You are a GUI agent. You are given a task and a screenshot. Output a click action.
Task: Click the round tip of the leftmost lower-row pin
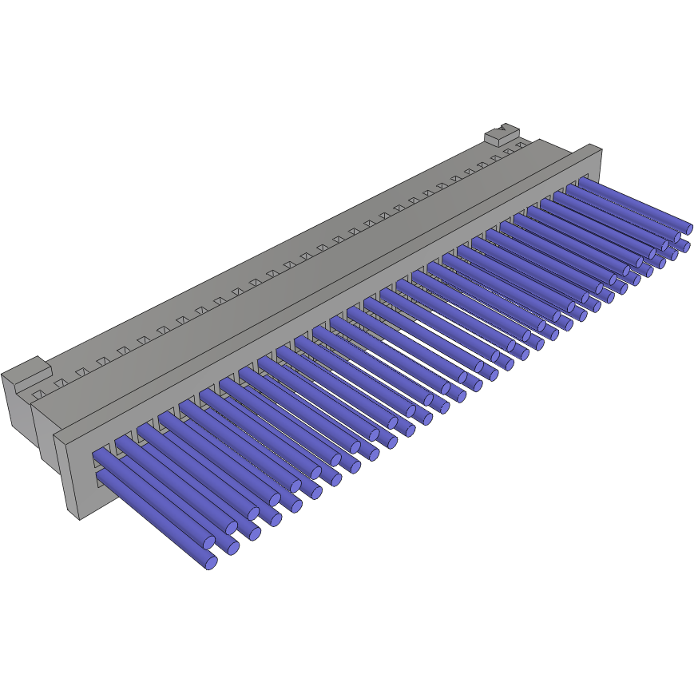(210, 562)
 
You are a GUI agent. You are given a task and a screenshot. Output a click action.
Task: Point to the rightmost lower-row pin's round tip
(684, 245)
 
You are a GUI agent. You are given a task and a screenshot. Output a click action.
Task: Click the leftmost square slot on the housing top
(38, 395)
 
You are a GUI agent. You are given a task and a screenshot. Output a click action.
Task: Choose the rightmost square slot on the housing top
(521, 146)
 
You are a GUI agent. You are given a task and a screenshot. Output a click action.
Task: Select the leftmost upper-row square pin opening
(100, 453)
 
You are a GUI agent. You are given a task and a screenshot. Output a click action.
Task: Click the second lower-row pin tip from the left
(232, 549)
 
